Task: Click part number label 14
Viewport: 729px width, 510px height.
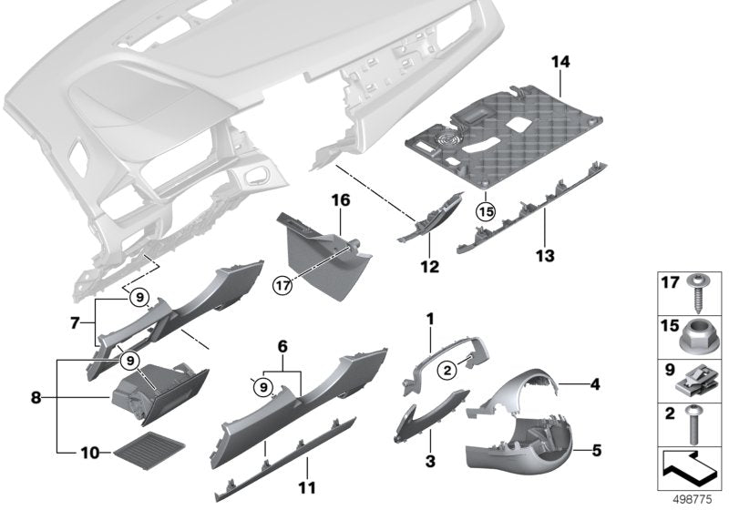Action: click(560, 63)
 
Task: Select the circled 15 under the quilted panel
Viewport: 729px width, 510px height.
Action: click(485, 210)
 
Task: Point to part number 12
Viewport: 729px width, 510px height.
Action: click(429, 268)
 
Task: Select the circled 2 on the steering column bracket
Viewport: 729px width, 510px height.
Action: click(447, 370)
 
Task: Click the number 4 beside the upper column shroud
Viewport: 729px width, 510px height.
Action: click(595, 384)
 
